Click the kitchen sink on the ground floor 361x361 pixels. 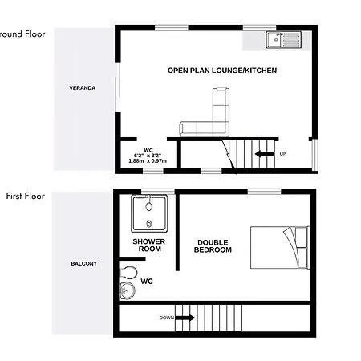tap(283, 40)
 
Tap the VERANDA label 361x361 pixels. tap(83, 88)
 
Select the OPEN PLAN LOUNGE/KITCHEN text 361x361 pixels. tap(222, 71)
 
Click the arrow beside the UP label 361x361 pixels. tap(265, 154)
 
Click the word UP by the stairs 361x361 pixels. tap(282, 154)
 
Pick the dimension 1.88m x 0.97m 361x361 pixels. tap(148, 161)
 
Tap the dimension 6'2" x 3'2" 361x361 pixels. tap(148, 156)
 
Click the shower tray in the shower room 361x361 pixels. tap(149, 213)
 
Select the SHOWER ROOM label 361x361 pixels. tap(149, 245)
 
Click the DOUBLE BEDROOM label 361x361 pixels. tap(213, 246)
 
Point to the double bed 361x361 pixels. tap(280, 247)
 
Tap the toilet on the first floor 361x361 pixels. tap(128, 273)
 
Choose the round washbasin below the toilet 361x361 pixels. tap(128, 290)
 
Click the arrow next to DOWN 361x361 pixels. tap(185, 318)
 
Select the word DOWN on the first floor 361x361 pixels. tap(167, 318)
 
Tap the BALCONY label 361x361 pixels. tap(84, 264)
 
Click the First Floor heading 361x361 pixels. tap(26, 196)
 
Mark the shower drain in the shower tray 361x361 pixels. tap(149, 224)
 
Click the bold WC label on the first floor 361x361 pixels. tap(147, 282)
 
